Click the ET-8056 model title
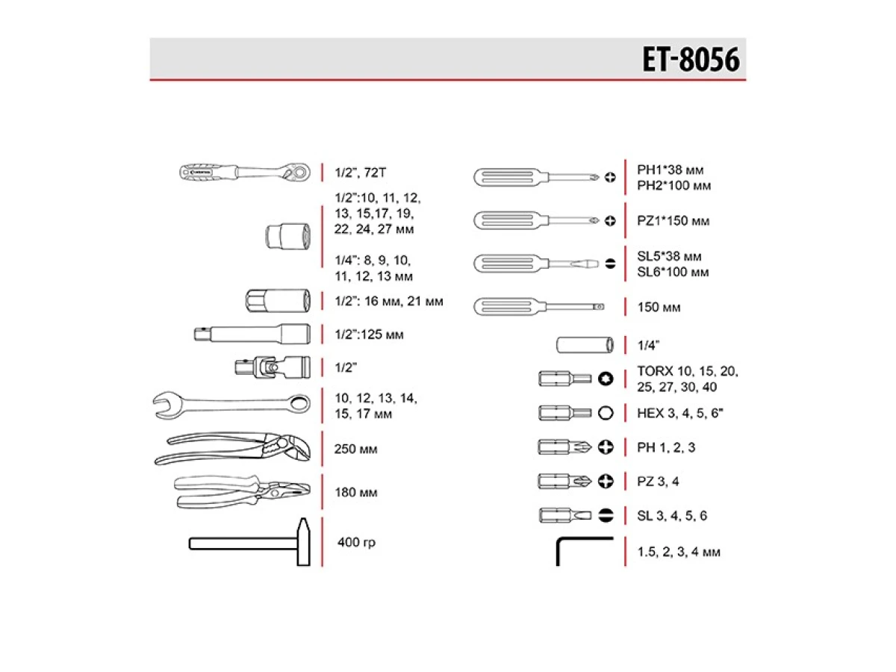691,60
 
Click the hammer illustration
249,542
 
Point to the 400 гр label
356,542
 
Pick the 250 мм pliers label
355,449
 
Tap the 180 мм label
355,493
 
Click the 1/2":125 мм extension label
369,335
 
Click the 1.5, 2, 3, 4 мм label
679,553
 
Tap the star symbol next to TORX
606,379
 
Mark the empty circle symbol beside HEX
606,413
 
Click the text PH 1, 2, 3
666,447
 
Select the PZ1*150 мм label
673,221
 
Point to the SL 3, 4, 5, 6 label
671,516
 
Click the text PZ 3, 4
658,482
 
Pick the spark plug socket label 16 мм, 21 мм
389,302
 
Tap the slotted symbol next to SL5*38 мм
610,264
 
